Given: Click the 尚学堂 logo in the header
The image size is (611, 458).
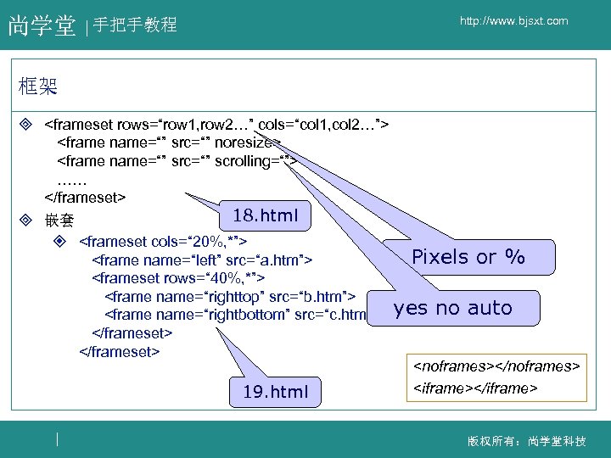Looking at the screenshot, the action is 42,26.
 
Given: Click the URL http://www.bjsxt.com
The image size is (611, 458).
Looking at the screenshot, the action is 514,21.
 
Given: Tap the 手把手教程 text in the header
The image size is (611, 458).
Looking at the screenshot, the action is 135,25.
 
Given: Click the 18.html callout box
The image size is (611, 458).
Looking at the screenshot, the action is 265,215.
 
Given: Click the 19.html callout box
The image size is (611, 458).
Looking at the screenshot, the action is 275,392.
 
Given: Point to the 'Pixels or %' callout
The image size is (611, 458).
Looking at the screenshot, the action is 468,257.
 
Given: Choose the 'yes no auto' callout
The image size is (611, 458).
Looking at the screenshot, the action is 453,308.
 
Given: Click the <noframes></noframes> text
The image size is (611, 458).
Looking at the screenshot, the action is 496,367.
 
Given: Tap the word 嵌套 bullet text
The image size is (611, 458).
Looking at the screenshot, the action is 59,221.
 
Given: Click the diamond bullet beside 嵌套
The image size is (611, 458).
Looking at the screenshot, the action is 25,221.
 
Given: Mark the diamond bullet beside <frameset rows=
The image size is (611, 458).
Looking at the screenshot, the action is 25,125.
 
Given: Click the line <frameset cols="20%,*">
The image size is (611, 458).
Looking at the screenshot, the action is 162,241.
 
